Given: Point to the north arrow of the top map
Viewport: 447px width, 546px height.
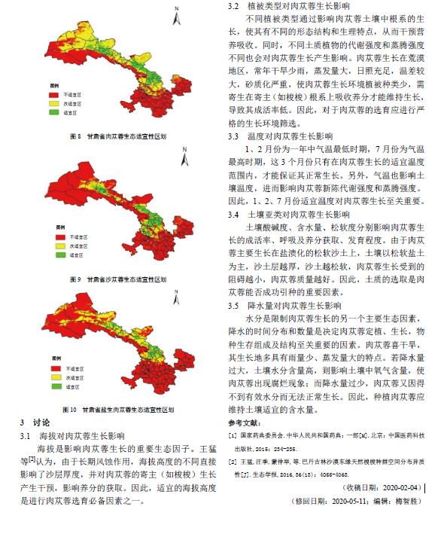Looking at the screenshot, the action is pyautogui.click(x=174, y=14).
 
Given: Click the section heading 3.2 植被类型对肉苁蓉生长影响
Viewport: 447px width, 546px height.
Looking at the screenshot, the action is pyautogui.click(x=290, y=6).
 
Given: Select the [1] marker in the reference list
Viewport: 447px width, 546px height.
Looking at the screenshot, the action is pyautogui.click(x=232, y=436).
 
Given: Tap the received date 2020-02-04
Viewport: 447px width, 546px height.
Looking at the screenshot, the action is pyautogui.click(x=402, y=487).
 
